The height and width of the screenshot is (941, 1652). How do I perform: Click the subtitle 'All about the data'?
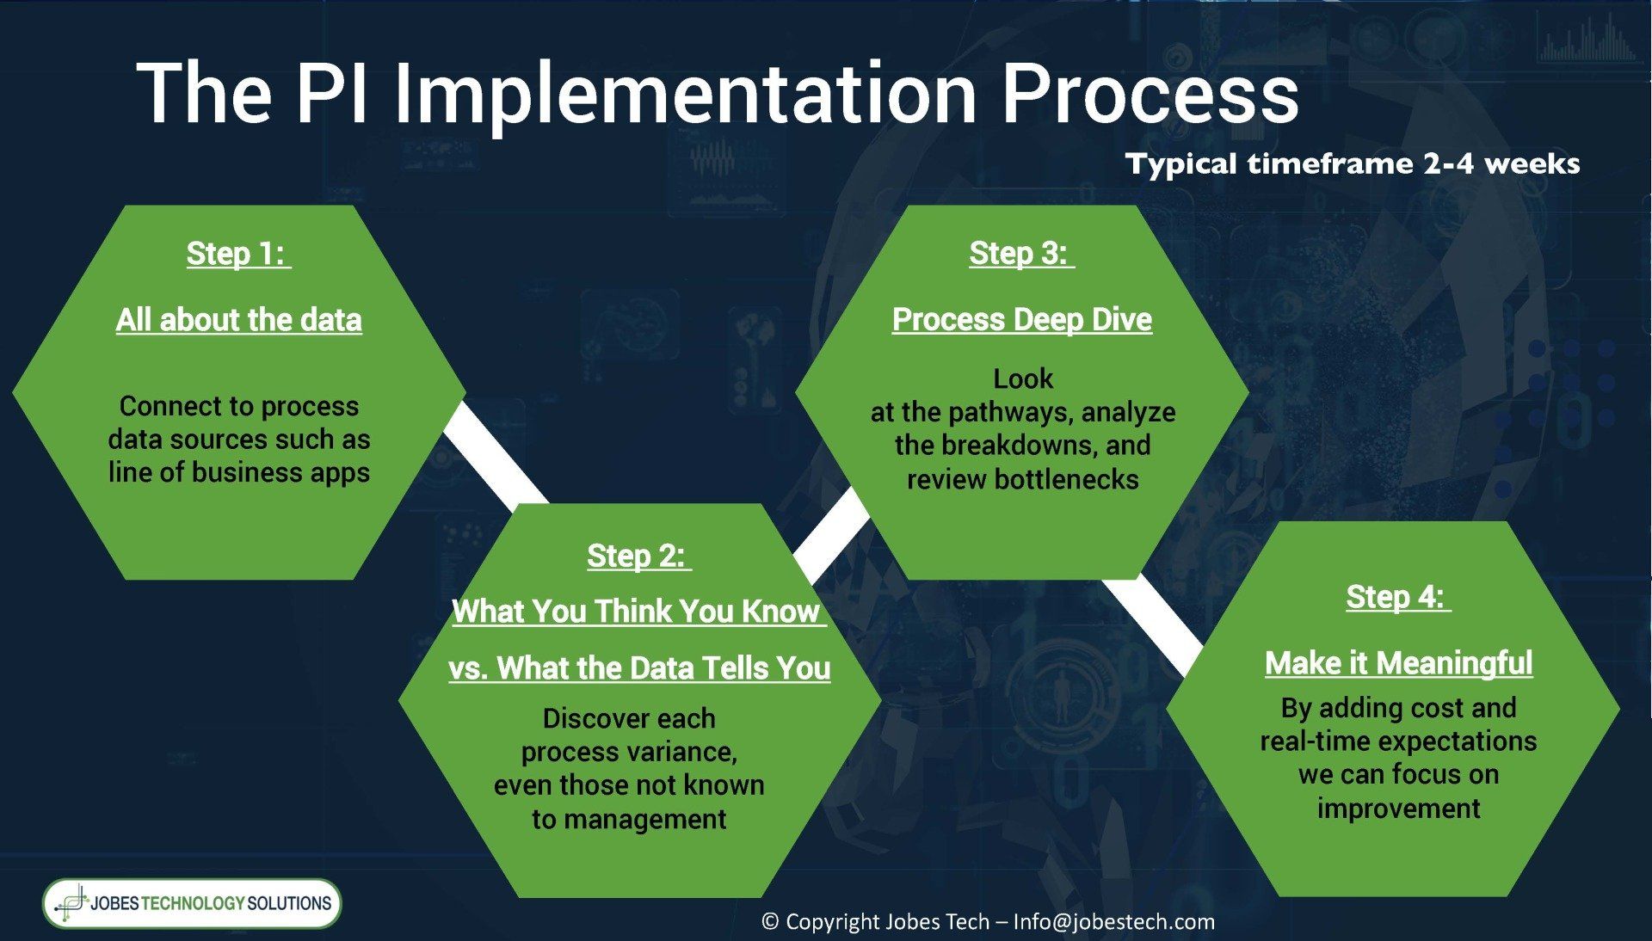click(x=239, y=320)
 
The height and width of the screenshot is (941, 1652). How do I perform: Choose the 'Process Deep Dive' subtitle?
click(x=1022, y=319)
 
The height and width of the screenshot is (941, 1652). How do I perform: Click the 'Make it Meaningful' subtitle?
click(x=1399, y=663)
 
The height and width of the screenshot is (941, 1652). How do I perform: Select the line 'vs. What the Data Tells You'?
click(x=639, y=668)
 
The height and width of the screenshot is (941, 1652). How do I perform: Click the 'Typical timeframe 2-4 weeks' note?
click(x=1353, y=163)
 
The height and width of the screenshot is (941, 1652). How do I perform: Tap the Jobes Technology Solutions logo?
click(x=192, y=903)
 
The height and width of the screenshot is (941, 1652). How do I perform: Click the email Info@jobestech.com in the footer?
click(x=1114, y=922)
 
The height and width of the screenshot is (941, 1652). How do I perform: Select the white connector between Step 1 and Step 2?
click(x=495, y=453)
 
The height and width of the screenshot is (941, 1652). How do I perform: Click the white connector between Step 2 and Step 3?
click(x=831, y=534)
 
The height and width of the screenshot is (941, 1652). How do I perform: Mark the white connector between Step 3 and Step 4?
click(x=1152, y=625)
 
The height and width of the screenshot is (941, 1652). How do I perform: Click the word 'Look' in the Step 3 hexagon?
click(x=1023, y=379)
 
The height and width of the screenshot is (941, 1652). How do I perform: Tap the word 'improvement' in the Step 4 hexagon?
click(x=1398, y=809)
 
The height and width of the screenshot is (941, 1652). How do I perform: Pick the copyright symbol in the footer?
click(x=770, y=922)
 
